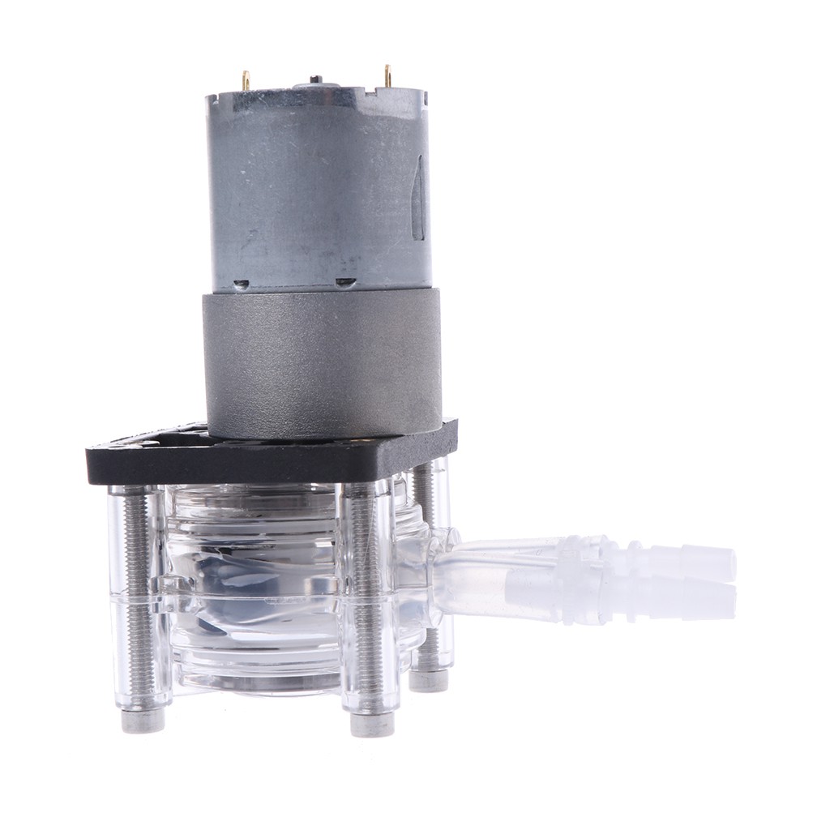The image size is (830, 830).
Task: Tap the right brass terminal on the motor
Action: (388, 75)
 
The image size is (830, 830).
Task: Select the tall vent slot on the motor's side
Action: (418, 199)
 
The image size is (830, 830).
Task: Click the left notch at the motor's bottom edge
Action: (241, 285)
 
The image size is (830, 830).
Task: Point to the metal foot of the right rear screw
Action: (428, 679)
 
